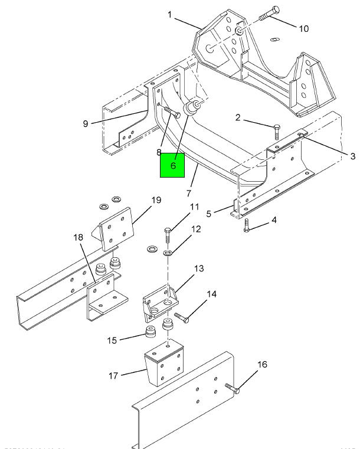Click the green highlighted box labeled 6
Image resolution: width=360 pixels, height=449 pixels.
(173, 165)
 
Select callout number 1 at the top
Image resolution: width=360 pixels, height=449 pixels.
(170, 14)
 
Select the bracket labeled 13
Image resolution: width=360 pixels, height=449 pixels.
(158, 301)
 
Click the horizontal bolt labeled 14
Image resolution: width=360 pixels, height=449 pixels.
(182, 319)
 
